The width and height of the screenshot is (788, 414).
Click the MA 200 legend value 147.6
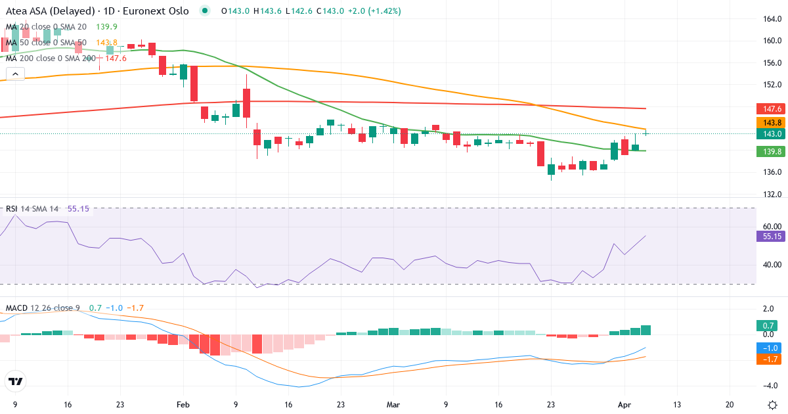[x=116, y=58]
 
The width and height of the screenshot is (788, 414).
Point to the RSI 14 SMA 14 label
[x=32, y=208]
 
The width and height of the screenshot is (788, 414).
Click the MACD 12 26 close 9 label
[x=44, y=308]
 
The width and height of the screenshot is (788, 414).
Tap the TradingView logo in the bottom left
[x=15, y=381]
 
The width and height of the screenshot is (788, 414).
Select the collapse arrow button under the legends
[x=15, y=74]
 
